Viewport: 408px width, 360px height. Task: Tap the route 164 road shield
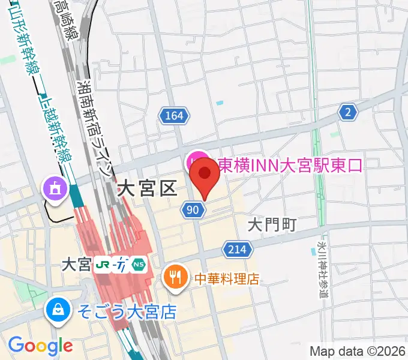click(x=175, y=116)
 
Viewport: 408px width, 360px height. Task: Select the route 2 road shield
click(x=347, y=111)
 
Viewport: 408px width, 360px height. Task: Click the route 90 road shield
click(x=192, y=209)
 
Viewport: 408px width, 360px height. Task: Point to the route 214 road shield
click(x=236, y=249)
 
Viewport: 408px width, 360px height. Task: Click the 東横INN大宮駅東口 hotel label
click(x=290, y=164)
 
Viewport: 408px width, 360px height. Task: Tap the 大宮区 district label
click(x=146, y=189)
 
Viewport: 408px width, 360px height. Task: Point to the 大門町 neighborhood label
click(x=272, y=225)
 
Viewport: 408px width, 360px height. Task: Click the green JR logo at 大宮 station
click(x=103, y=265)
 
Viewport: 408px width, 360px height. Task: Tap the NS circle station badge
click(x=139, y=265)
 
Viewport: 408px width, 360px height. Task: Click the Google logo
click(x=40, y=345)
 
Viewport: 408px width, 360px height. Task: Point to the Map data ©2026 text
click(x=358, y=351)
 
